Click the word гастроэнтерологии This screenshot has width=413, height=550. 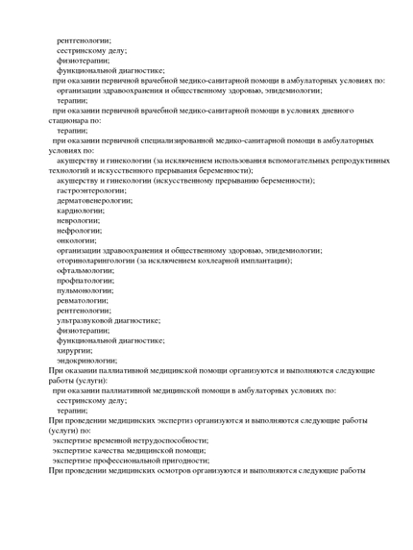(x=92, y=190)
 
